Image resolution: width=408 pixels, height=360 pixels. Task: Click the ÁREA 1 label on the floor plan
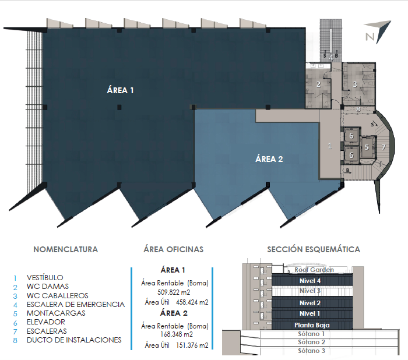[x=120, y=90]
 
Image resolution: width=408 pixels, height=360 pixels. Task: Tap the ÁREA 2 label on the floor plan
[x=269, y=159]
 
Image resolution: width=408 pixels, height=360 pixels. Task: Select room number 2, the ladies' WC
[x=318, y=84]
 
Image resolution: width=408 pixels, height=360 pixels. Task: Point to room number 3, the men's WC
[x=354, y=84]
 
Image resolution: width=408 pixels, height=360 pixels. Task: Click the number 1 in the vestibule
[x=330, y=146]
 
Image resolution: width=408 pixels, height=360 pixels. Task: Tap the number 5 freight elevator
[x=367, y=147]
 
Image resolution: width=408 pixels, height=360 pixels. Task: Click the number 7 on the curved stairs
[x=384, y=147]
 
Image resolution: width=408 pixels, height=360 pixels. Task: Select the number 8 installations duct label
[x=358, y=109]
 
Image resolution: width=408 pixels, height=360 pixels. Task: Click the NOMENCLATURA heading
[x=65, y=249]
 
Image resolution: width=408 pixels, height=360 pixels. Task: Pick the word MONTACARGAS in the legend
[x=56, y=313]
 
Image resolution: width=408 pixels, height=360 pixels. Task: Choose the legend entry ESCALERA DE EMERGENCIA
[x=76, y=304]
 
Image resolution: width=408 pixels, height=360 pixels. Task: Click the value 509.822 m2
[x=174, y=292]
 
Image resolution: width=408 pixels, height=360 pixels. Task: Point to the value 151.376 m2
[x=192, y=345]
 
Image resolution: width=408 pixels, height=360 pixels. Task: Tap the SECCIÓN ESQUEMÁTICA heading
[x=314, y=249]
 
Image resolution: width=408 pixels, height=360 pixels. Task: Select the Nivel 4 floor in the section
[x=310, y=281]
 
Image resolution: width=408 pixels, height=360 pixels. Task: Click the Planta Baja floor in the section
[x=312, y=325]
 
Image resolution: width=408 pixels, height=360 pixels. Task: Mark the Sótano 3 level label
[x=311, y=351]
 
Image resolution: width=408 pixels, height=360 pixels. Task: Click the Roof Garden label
[x=314, y=270]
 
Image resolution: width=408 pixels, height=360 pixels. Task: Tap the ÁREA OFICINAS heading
[x=174, y=249]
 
